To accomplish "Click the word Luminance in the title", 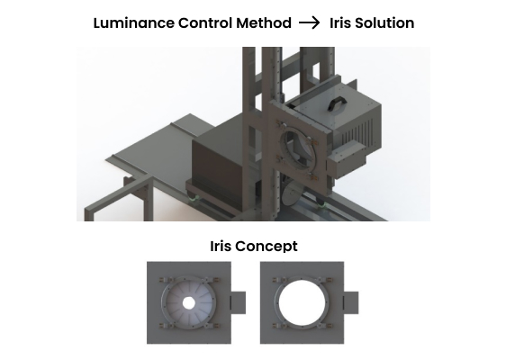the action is click(134, 23).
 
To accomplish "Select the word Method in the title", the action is click(264, 23).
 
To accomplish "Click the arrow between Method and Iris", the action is click(309, 23).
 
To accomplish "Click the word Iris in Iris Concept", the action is click(221, 246).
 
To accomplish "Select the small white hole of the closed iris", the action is click(188, 303).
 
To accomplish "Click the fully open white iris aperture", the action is click(302, 302).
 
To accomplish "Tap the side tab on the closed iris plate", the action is click(238, 302).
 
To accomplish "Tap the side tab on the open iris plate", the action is click(351, 302).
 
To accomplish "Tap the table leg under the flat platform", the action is click(149, 201).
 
